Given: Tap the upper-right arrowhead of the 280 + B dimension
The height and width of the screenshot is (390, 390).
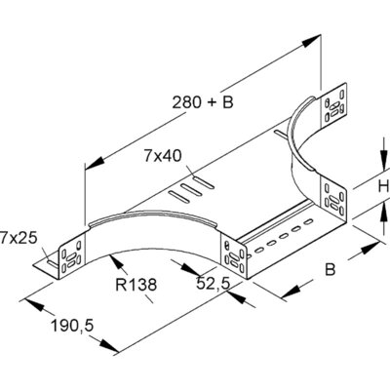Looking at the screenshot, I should [316, 40].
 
